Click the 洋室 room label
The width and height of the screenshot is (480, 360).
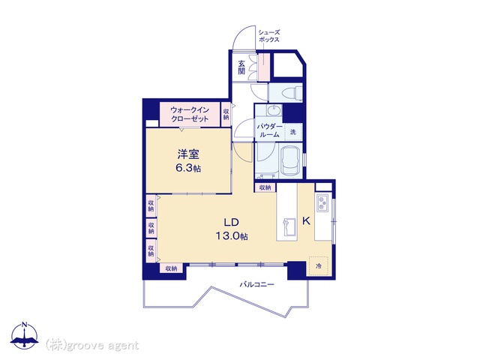tap(188, 154)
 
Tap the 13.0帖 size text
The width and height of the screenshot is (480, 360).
tap(232, 235)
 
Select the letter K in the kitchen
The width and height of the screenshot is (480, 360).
tap(306, 220)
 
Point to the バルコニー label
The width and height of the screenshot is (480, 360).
tap(256, 284)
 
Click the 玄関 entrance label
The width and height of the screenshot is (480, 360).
tap(241, 67)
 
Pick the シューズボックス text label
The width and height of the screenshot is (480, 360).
tap(269, 36)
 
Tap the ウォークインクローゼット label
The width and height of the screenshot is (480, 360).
tap(190, 114)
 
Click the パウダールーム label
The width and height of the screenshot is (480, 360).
tap(269, 130)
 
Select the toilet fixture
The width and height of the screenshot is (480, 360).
tap(291, 92)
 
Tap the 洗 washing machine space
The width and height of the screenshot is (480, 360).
tap(293, 132)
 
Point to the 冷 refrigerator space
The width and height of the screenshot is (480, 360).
tap(319, 266)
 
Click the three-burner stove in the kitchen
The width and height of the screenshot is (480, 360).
tap(322, 203)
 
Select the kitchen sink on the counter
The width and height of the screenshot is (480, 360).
tap(289, 226)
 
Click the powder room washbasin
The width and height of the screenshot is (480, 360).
tap(274, 110)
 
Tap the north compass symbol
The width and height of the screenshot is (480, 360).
tap(24, 335)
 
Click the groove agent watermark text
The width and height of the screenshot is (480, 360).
tap(91, 346)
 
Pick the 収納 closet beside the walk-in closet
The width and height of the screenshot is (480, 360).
tap(226, 114)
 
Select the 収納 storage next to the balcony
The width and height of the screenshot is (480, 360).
tap(172, 268)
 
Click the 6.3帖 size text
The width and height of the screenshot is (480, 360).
tap(188, 168)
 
